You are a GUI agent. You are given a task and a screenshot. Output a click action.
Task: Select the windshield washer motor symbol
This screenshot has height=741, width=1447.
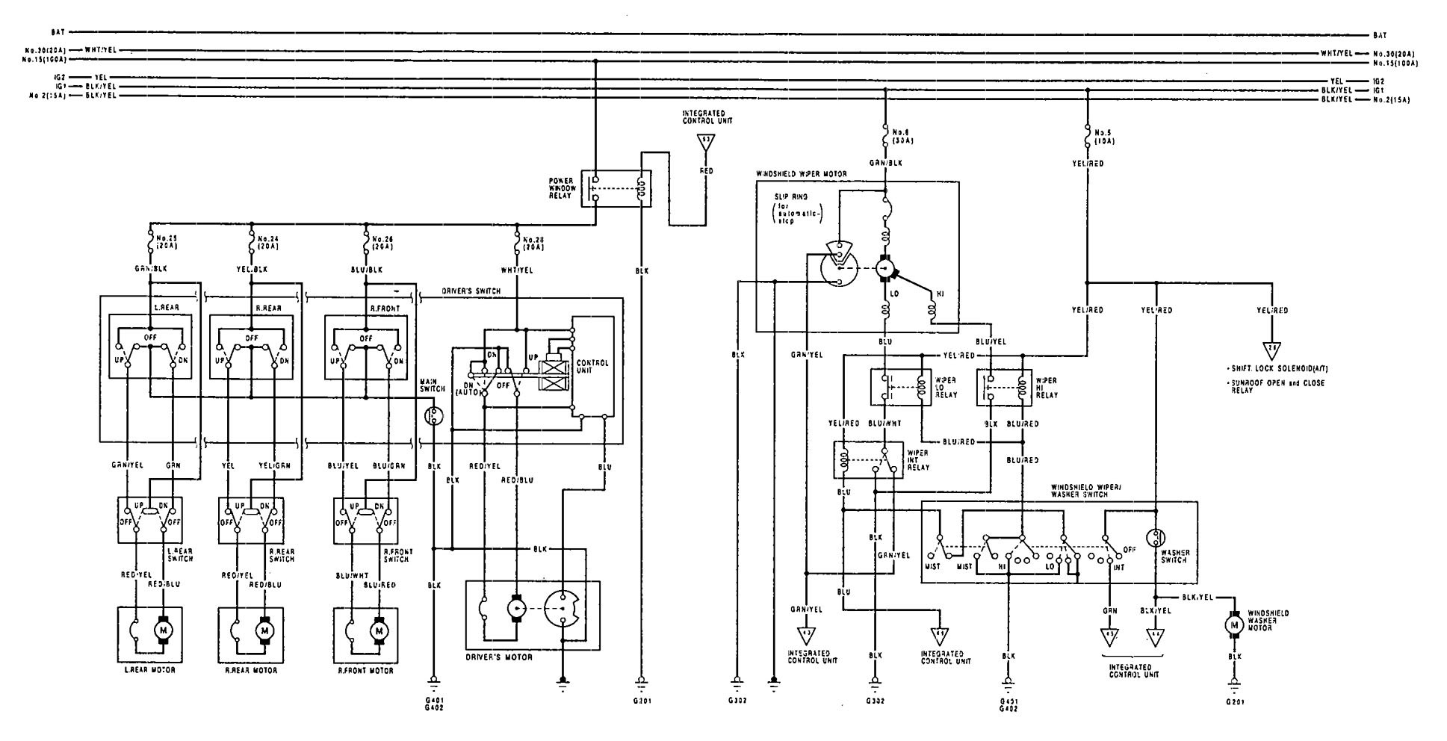[1234, 624]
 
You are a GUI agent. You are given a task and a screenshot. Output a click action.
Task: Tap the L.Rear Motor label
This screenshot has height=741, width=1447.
[149, 670]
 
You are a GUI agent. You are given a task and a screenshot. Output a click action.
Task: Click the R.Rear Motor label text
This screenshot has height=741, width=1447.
[251, 670]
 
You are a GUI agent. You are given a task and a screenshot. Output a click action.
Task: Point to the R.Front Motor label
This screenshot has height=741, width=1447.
[366, 670]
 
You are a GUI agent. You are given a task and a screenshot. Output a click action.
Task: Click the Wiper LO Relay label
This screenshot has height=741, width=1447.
[946, 388]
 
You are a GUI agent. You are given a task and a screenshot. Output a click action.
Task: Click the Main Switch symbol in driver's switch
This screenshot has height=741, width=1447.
[432, 415]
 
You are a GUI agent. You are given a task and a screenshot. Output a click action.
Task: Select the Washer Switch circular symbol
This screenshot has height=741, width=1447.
[1156, 539]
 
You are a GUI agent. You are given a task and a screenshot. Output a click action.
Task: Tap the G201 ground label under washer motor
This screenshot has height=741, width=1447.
[1234, 702]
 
